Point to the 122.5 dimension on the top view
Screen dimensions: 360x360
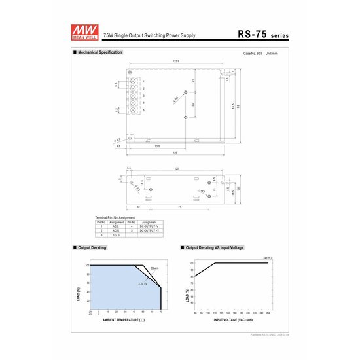176,61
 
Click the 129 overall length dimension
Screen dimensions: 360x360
175,152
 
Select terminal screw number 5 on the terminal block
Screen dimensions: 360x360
136,111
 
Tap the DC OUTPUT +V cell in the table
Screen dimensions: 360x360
149,231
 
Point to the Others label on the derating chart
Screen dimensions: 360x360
154,268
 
